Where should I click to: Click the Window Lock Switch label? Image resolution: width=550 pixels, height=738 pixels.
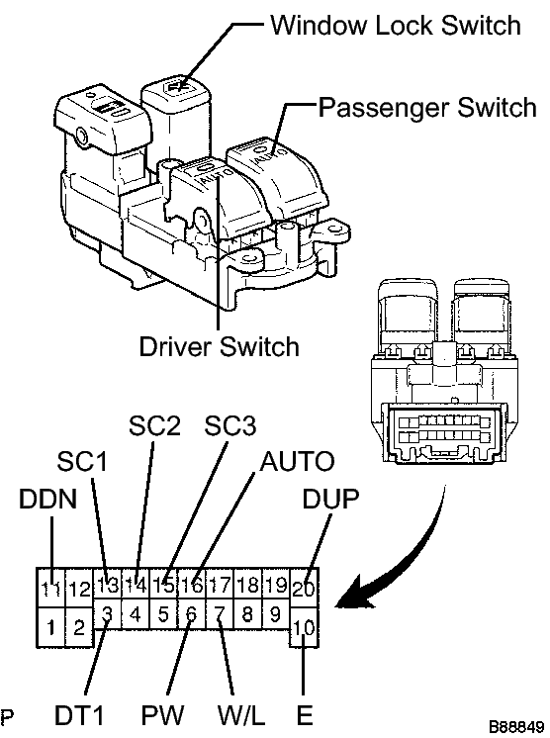coord(396,25)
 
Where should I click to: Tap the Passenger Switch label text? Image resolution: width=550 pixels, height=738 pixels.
coord(427,107)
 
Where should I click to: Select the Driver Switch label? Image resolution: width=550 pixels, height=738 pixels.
coord(220,347)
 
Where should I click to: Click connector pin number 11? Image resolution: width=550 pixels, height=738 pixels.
coord(50,588)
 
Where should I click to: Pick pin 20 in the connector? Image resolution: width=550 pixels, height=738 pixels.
coord(304,588)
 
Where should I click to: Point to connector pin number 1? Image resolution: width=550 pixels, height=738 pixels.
coord(50,627)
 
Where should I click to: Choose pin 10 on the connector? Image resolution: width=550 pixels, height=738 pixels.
coord(304,627)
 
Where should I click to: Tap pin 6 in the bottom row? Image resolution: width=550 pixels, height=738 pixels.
coord(191,613)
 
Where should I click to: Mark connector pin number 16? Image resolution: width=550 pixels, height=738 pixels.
coord(192,585)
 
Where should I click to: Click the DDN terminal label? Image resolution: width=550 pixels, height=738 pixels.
coord(48,499)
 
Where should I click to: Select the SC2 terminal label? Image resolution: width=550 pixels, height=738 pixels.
coord(154,426)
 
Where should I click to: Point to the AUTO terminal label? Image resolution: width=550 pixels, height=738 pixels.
coord(297,461)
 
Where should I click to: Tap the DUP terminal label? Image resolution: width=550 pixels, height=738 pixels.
coord(330,499)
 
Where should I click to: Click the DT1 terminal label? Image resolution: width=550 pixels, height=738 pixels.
coord(79,716)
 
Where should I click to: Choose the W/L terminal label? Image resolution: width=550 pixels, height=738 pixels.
coord(241,716)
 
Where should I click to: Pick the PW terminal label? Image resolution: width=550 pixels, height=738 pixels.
coord(162,716)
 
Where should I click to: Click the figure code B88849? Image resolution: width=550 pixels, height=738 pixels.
coord(516,726)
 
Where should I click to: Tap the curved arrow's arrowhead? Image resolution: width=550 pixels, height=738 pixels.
coord(357,594)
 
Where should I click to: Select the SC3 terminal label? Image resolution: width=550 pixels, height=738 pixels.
coord(230,426)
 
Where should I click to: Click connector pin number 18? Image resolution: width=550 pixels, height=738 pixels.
coord(248,585)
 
